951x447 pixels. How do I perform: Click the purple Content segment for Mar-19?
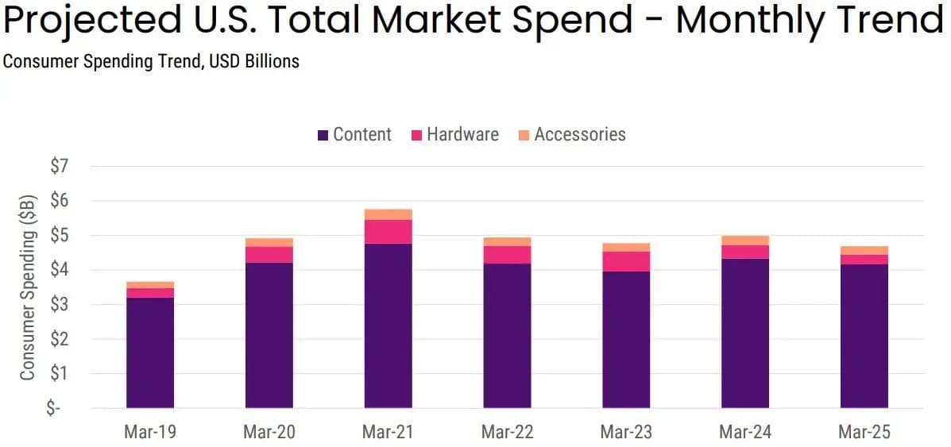click(x=150, y=353)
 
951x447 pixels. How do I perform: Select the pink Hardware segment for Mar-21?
click(x=389, y=231)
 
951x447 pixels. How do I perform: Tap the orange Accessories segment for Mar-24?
click(x=745, y=241)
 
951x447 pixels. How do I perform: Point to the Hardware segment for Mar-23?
click(x=626, y=261)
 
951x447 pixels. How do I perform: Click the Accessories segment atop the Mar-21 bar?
click(x=389, y=214)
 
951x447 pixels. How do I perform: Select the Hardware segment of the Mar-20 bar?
click(x=269, y=254)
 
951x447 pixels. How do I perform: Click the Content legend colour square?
click(x=323, y=136)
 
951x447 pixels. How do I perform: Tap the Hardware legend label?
click(x=462, y=134)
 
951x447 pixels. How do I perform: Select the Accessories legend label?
click(x=580, y=134)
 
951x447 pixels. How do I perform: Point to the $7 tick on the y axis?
click(x=60, y=167)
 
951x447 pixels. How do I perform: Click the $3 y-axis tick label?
click(x=60, y=305)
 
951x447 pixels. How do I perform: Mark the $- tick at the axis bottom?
click(x=54, y=408)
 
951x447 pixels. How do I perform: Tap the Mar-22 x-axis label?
click(x=507, y=432)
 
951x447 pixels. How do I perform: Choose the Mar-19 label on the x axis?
click(x=150, y=432)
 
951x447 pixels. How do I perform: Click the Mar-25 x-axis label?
click(x=864, y=432)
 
